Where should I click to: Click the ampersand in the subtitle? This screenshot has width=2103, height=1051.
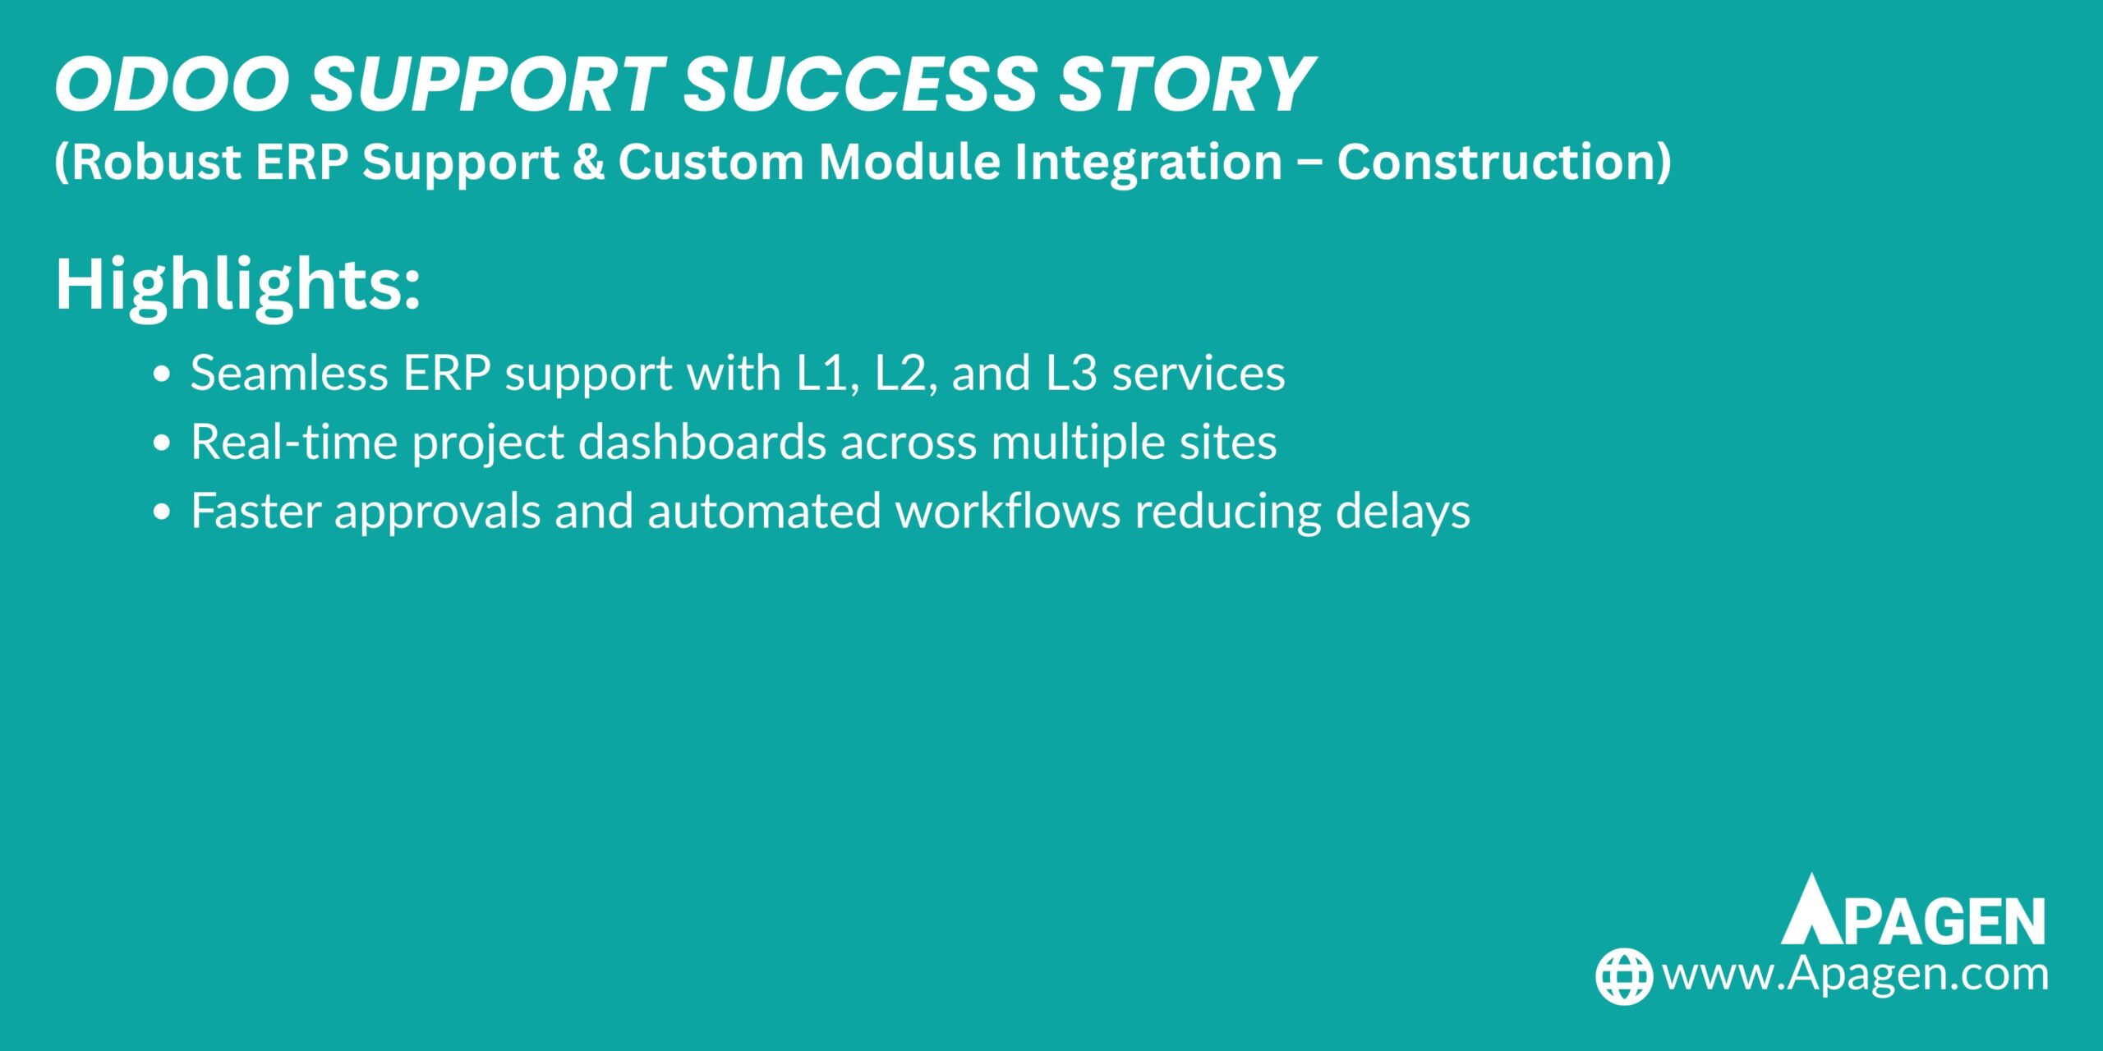point(588,162)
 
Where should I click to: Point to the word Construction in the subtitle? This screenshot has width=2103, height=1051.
point(1496,162)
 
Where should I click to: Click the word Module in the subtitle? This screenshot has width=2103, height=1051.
point(909,162)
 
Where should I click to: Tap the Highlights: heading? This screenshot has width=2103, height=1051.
point(237,285)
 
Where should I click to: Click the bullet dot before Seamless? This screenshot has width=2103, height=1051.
point(162,374)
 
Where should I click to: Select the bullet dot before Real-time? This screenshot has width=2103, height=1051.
point(162,443)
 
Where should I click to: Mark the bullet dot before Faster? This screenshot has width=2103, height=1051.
point(162,512)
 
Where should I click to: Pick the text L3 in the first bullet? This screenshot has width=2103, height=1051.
point(1071,374)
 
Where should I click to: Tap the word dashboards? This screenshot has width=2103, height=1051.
point(702,442)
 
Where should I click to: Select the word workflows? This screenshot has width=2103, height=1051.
point(1008,511)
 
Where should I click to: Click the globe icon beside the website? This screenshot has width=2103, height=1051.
point(1624,975)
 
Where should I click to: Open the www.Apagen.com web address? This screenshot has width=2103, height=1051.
point(1856,975)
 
